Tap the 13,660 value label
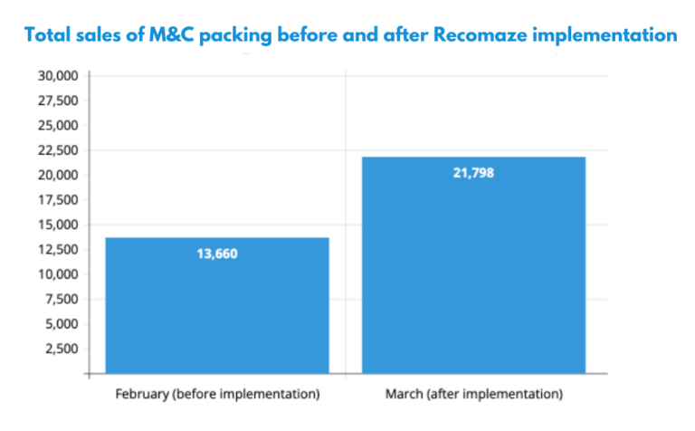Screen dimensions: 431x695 (217, 254)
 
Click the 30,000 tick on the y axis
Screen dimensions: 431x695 (58, 75)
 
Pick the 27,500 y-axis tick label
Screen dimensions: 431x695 (58, 100)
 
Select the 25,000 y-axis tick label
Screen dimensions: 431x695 (58, 125)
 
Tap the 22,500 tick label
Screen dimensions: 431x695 (58, 149)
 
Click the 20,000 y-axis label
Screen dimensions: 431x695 (58, 175)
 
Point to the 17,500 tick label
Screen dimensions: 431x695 (58, 199)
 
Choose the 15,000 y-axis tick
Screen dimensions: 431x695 (58, 225)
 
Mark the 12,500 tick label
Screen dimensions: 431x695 (58, 249)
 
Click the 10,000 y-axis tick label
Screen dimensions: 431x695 (58, 274)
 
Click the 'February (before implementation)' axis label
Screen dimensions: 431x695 (217, 396)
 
